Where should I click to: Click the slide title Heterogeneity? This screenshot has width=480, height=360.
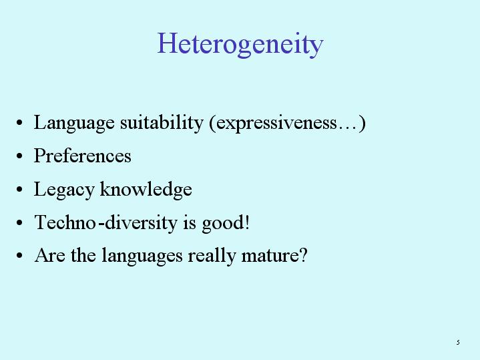tap(240, 45)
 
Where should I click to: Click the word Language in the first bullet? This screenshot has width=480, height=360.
tap(74, 123)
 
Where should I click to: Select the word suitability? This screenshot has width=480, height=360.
tap(162, 123)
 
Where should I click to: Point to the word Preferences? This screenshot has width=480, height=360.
tap(83, 156)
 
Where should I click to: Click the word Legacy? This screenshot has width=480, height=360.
tap(64, 190)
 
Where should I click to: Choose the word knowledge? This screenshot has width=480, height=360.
tap(146, 190)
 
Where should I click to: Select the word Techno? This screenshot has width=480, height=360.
tap(65, 222)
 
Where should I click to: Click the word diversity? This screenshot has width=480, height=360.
tap(141, 222)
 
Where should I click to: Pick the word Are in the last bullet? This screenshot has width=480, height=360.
tap(50, 255)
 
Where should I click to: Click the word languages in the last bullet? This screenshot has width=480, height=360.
tap(142, 256)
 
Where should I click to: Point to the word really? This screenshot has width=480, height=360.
tap(212, 256)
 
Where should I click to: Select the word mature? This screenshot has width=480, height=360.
tap(270, 256)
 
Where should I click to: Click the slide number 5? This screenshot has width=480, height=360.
tap(458, 342)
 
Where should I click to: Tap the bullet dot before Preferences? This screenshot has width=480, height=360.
tap(19, 156)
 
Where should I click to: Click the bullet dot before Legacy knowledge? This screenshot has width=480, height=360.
tap(19, 189)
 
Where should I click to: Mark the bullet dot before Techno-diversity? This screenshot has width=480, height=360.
tap(19, 222)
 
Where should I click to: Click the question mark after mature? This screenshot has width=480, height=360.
tap(303, 255)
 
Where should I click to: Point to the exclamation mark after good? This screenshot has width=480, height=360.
tap(248, 222)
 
